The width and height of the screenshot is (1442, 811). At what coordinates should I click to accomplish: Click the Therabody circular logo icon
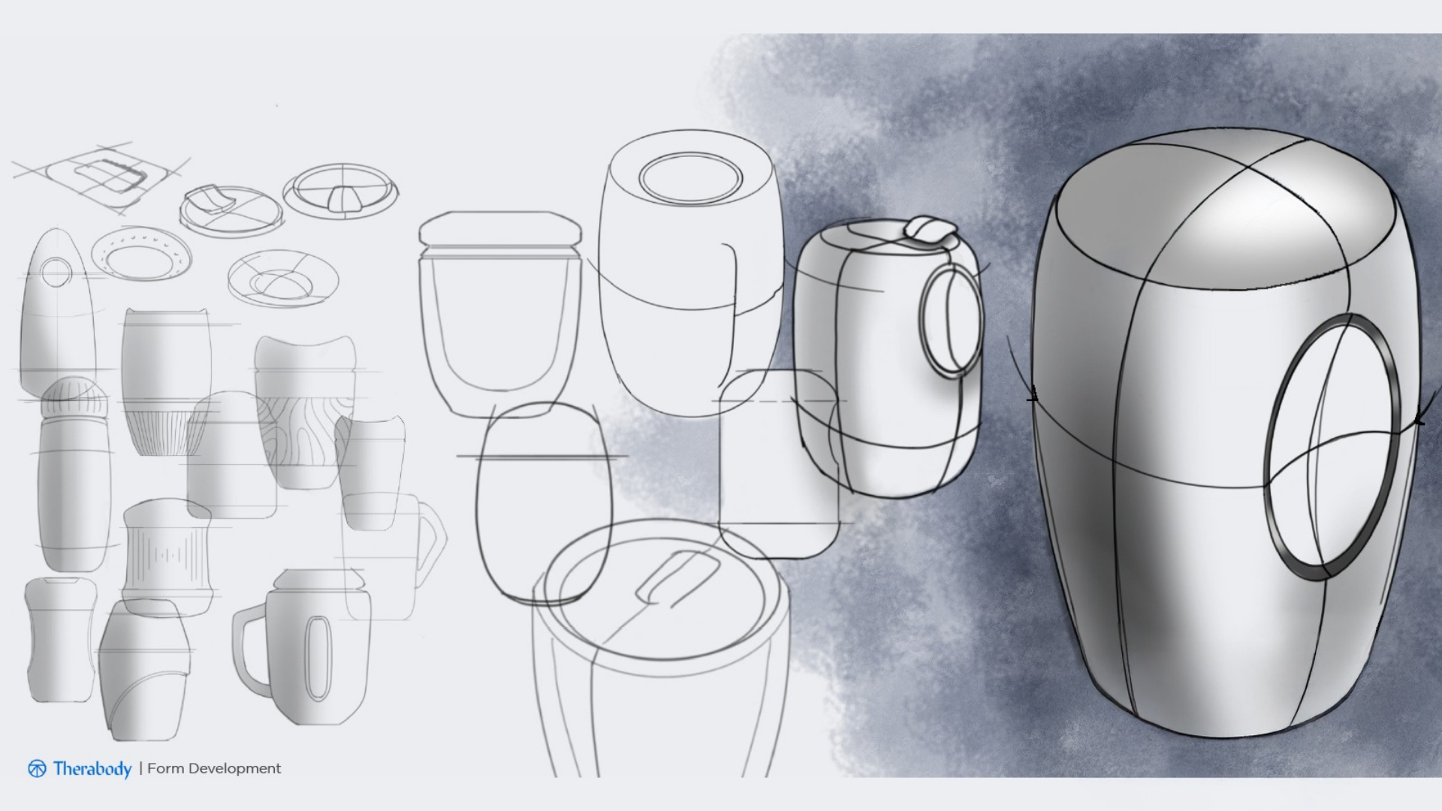[37, 769]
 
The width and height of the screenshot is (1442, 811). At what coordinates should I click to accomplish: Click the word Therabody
[92, 769]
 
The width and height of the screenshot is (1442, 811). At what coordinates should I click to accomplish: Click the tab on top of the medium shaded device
[929, 229]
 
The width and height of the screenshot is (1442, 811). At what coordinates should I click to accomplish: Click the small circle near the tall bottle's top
[56, 272]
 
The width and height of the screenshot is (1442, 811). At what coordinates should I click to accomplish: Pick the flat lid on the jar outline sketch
[500, 229]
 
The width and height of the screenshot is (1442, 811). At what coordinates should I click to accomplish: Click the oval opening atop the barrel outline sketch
[690, 179]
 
